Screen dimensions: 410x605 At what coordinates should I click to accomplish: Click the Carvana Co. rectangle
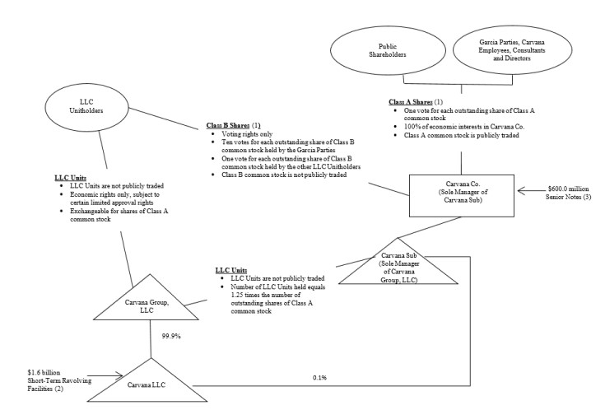[463, 198]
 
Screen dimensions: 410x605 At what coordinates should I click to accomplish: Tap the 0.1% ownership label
[319, 378]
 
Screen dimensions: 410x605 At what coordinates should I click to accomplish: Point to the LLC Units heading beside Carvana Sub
[232, 269]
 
